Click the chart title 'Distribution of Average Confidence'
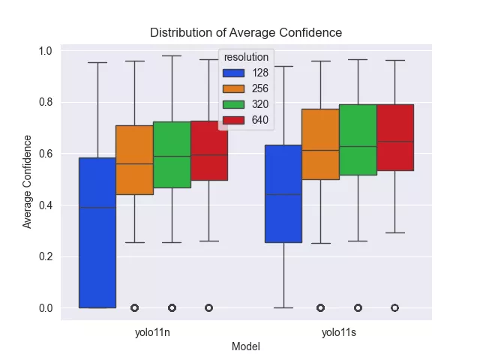pos(246,32)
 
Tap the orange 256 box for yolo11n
pos(134,160)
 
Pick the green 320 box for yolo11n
pos(172,154)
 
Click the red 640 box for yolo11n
pos(208,151)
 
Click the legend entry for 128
pos(247,73)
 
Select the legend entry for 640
pos(247,119)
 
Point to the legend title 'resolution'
pos(246,57)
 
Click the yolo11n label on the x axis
pos(153,332)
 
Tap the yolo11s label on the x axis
pos(339,332)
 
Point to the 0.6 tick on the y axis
pos(46,154)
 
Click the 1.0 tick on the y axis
pos(46,51)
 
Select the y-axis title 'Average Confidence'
pos(28,181)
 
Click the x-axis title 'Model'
pos(246,346)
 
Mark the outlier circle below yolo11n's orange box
pos(134,307)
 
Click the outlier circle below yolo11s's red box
pos(394,307)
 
